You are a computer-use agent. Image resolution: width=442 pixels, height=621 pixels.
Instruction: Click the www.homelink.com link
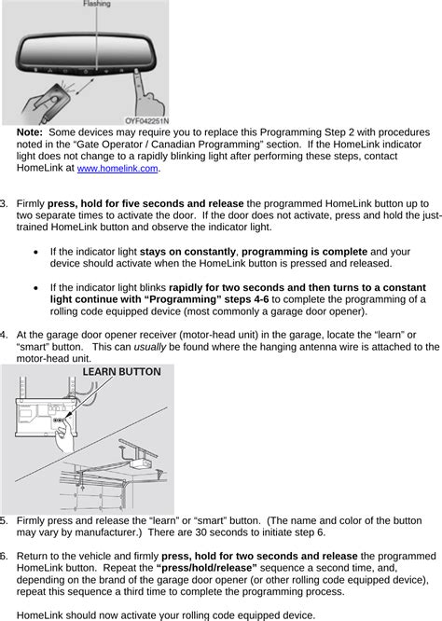pyautogui.click(x=117, y=169)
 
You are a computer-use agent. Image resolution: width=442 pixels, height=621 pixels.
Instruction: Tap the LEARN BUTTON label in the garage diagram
pyautogui.click(x=121, y=372)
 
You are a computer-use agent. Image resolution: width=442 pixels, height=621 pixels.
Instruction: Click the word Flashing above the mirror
pyautogui.click(x=97, y=4)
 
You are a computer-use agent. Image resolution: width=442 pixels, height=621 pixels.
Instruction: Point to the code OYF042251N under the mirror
pyautogui.click(x=146, y=121)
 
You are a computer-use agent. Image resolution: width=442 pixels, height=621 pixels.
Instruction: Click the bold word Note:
pyautogui.click(x=29, y=132)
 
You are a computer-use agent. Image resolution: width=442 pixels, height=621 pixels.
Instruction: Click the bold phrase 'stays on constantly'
pyautogui.click(x=187, y=252)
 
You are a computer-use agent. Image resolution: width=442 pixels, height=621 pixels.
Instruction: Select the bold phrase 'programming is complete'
pyautogui.click(x=305, y=252)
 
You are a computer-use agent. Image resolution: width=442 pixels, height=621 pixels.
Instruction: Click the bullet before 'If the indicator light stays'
pyautogui.click(x=36, y=252)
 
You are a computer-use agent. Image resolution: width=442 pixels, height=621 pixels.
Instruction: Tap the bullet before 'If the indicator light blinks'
pyautogui.click(x=36, y=288)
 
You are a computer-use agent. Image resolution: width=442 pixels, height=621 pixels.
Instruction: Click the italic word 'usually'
pyautogui.click(x=150, y=348)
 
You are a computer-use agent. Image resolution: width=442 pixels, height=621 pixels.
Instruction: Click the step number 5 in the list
pyautogui.click(x=3, y=520)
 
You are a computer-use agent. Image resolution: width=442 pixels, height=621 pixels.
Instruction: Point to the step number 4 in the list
pyautogui.click(x=3, y=335)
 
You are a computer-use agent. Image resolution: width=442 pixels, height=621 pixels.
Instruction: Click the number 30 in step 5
pyautogui.click(x=200, y=532)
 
